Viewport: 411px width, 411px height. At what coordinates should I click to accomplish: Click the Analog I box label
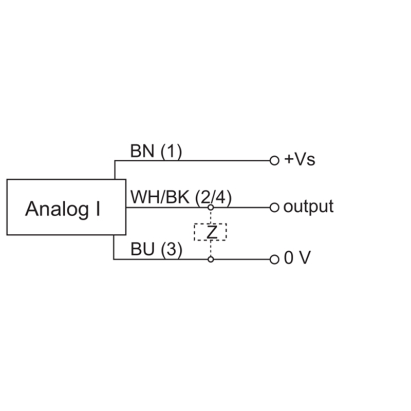tap(63, 209)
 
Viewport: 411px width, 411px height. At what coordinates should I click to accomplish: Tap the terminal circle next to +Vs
tap(274, 160)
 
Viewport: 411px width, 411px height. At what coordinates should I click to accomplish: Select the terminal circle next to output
tap(274, 208)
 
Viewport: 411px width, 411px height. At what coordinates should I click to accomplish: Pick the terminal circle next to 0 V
tap(274, 259)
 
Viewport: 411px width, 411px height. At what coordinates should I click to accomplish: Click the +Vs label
tap(300, 159)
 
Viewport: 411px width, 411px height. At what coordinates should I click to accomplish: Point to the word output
tap(309, 207)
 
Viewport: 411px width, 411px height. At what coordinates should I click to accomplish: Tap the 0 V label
tap(297, 257)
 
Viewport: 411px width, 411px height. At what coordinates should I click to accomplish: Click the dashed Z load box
tap(210, 223)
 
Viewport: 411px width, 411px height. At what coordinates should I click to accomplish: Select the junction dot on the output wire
tap(211, 208)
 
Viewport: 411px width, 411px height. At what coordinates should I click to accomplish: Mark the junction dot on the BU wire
tap(211, 259)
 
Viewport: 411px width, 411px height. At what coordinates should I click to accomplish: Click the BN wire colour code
tap(142, 151)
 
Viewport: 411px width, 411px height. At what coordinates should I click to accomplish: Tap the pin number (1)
tap(171, 152)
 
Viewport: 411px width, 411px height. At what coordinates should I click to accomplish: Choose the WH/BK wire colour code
tap(160, 197)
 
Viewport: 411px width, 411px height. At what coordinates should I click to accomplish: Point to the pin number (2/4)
tap(213, 198)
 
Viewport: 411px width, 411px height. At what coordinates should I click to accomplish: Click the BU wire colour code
tap(142, 249)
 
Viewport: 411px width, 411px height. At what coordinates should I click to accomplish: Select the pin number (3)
tap(172, 250)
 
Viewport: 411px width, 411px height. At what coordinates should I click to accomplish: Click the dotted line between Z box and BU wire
tap(211, 249)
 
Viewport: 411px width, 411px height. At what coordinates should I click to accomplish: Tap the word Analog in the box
tap(57, 209)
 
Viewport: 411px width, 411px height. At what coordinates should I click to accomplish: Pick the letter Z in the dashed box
tap(212, 232)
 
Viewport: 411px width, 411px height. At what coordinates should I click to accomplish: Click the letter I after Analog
tap(98, 209)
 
